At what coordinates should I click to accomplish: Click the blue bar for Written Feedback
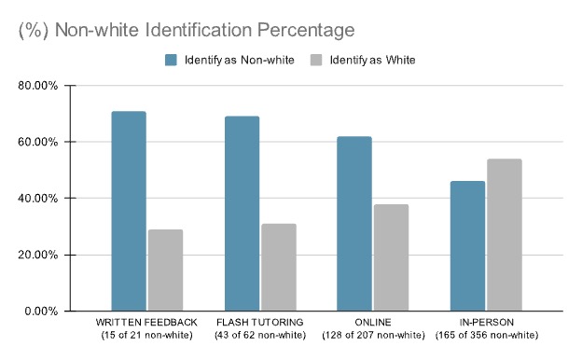pyautogui.click(x=129, y=211)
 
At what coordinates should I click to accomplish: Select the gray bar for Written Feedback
pyautogui.click(x=165, y=270)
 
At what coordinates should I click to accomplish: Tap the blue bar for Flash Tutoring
pyautogui.click(x=242, y=213)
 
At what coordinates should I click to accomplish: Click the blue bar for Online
pyautogui.click(x=353, y=223)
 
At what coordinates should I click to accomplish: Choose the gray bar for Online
pyautogui.click(x=391, y=257)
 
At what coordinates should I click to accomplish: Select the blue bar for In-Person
pyautogui.click(x=466, y=245)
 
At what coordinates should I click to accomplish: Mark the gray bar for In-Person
pyautogui.click(x=504, y=234)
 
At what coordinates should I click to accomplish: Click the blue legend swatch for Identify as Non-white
pyautogui.click(x=171, y=60)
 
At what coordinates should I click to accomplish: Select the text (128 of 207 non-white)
pyautogui.click(x=372, y=335)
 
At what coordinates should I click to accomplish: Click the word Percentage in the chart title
pyautogui.click(x=304, y=30)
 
